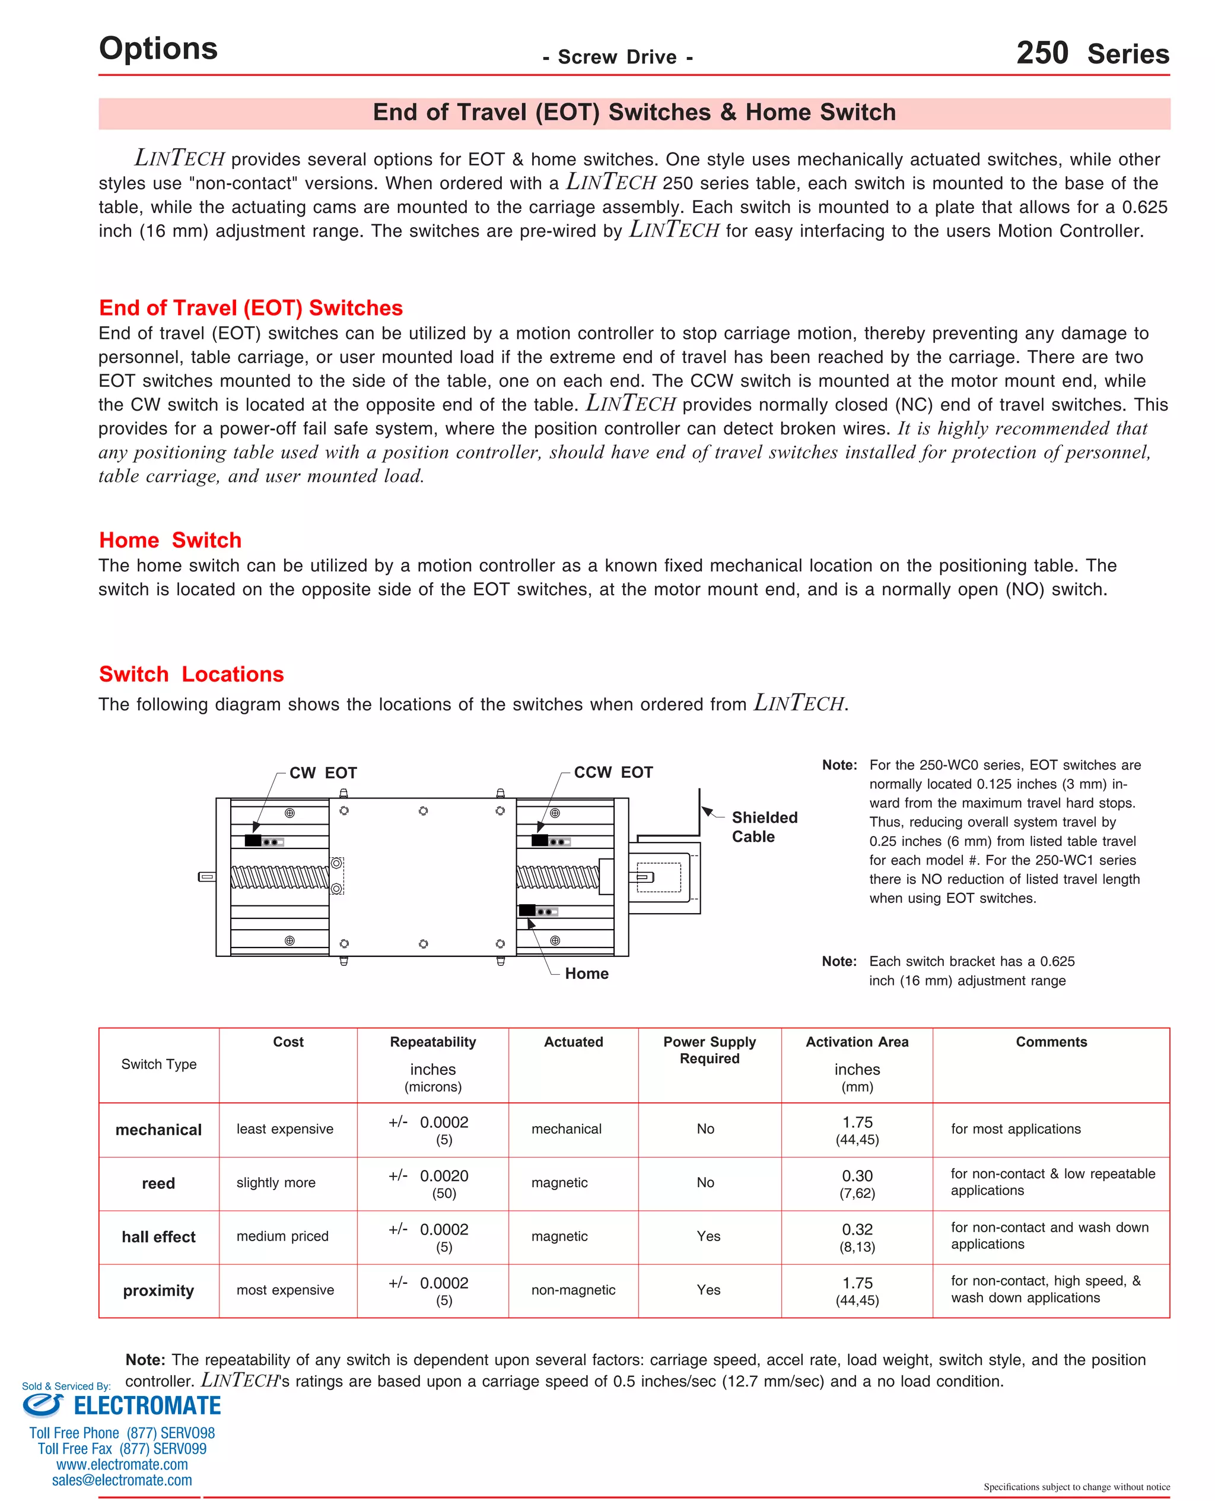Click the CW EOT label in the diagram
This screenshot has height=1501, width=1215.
pyautogui.click(x=323, y=772)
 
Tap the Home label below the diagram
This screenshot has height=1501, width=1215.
pyautogui.click(x=587, y=974)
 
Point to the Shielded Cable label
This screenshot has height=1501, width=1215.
pyautogui.click(x=764, y=826)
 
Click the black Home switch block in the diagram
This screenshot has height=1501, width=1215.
pyautogui.click(x=527, y=911)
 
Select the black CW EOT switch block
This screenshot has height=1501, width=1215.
pyautogui.click(x=253, y=841)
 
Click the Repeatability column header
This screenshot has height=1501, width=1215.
pyautogui.click(x=432, y=1042)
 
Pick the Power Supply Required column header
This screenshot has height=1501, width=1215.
pyautogui.click(x=709, y=1050)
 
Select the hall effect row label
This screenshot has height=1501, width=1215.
pyautogui.click(x=158, y=1236)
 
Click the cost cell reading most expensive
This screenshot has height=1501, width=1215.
pyautogui.click(x=285, y=1290)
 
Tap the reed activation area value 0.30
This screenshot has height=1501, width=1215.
pyautogui.click(x=857, y=1176)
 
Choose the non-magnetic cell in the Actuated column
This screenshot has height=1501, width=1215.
pyautogui.click(x=572, y=1290)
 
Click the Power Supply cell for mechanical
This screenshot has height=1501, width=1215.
pyautogui.click(x=705, y=1129)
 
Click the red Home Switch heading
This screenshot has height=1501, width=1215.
pyautogui.click(x=170, y=540)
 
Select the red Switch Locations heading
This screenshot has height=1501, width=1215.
pyautogui.click(x=191, y=674)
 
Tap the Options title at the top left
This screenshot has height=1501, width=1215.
pyautogui.click(x=158, y=48)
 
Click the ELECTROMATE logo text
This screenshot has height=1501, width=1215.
pyautogui.click(x=147, y=1406)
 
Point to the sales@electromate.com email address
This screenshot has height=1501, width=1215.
pyautogui.click(x=122, y=1480)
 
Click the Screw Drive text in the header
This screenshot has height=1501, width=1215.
pyautogui.click(x=618, y=58)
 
